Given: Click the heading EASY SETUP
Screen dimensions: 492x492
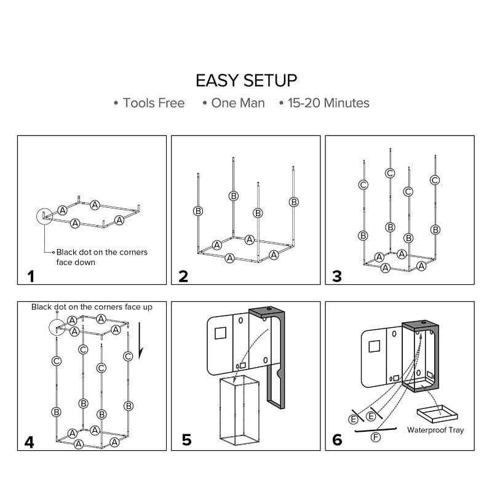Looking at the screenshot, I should pyautogui.click(x=246, y=81).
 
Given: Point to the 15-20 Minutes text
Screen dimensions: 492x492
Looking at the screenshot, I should pyautogui.click(x=328, y=103).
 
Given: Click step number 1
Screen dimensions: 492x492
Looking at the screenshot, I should pyautogui.click(x=30, y=276).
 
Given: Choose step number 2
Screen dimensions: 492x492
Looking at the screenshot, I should pyautogui.click(x=183, y=276).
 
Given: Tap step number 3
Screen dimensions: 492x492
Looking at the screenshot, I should pyautogui.click(x=336, y=276).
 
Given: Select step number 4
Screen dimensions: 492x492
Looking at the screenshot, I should pyautogui.click(x=30, y=441).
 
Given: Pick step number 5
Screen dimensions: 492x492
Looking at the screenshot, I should pyautogui.click(x=186, y=440).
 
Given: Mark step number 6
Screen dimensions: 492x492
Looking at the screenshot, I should pyautogui.click(x=337, y=440).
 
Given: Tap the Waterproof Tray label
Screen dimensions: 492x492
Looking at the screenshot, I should pyautogui.click(x=435, y=430).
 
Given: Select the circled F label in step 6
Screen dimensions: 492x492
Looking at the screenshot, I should pyautogui.click(x=376, y=437).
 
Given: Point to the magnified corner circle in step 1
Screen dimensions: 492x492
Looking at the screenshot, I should pyautogui.click(x=45, y=216).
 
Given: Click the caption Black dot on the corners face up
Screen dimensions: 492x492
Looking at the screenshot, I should pyautogui.click(x=92, y=307).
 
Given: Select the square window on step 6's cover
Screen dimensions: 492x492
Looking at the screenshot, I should pyautogui.click(x=375, y=346).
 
